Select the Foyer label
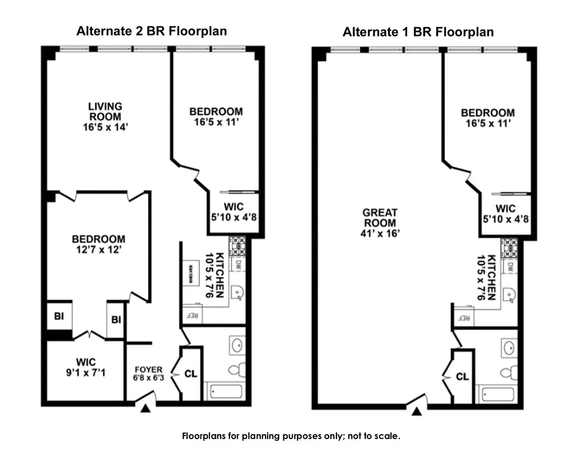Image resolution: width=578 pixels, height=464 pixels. click(148, 370)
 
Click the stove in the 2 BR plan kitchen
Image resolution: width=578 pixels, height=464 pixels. click(237, 246)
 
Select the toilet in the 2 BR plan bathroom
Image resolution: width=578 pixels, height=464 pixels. click(236, 370)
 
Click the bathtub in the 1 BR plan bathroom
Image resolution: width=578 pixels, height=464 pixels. click(497, 394)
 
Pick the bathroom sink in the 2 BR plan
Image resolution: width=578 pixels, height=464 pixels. click(237, 345)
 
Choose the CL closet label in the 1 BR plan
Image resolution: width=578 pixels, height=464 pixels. click(462, 377)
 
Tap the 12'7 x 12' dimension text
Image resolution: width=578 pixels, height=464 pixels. click(98, 250)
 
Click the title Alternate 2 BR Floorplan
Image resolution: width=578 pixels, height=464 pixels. click(152, 31)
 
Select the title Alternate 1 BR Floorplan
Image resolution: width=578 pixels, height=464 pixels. click(418, 32)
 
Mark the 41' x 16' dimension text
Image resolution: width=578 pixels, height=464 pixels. click(380, 233)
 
